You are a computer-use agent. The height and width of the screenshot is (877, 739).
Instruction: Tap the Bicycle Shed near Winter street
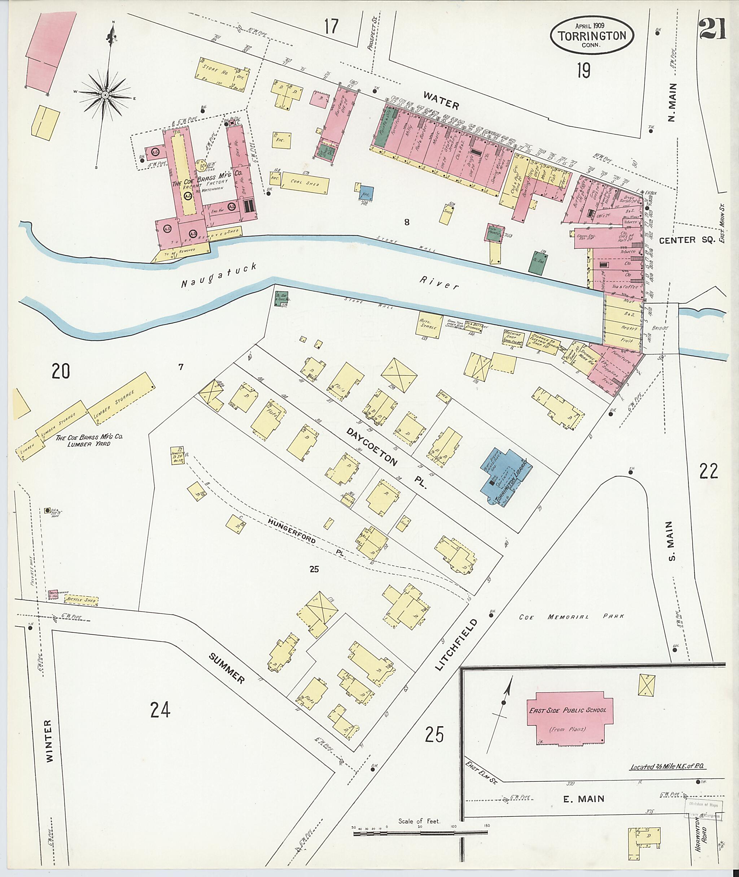[x=81, y=600]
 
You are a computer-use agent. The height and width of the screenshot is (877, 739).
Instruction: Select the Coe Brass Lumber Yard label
[x=89, y=440]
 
